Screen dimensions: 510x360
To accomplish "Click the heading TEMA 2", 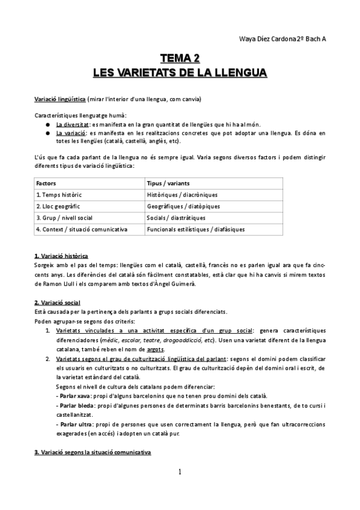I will (x=180, y=58).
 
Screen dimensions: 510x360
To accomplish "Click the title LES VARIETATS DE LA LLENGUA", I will (x=180, y=73).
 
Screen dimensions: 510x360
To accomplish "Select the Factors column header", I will (x=46, y=182).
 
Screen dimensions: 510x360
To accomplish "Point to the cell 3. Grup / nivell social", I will (x=66, y=217).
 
